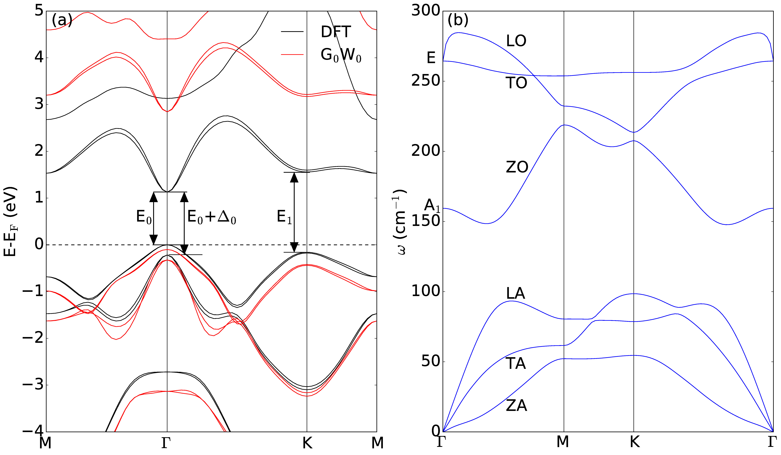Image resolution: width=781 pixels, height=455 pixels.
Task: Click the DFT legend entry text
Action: (x=336, y=32)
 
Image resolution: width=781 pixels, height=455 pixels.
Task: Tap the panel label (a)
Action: (x=62, y=20)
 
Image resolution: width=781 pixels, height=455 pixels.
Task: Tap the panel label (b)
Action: (x=458, y=20)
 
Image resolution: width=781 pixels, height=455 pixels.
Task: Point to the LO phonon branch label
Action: (x=516, y=41)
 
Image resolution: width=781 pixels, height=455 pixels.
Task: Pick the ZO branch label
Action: (x=517, y=167)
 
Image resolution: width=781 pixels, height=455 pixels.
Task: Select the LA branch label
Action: (x=515, y=293)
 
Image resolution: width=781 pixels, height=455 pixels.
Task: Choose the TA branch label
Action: (x=515, y=363)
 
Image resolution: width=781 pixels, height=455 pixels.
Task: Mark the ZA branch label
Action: (x=516, y=406)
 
